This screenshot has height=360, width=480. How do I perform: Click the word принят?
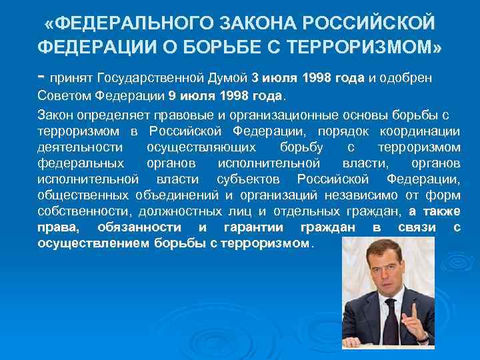pos(71,78)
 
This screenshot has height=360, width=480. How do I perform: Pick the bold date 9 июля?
pos(191,95)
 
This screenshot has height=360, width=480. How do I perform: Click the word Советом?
pos(63,95)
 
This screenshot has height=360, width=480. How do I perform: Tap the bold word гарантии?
pos(253,228)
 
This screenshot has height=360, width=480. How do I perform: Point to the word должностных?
pos(183,212)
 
